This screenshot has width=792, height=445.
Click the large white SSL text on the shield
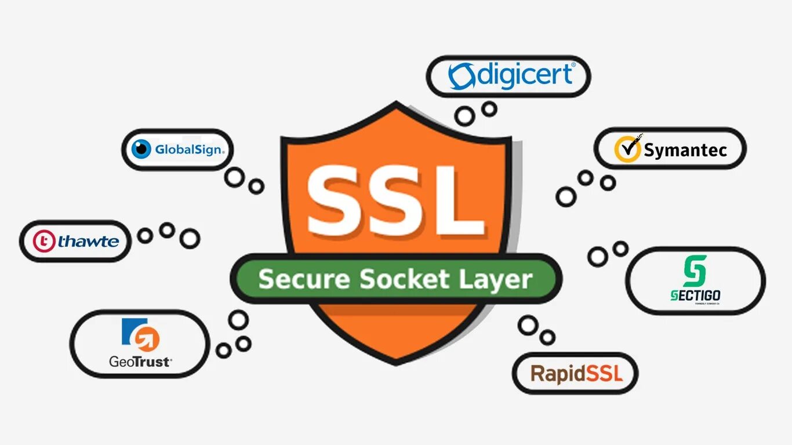(395, 200)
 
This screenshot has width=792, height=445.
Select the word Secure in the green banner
(304, 279)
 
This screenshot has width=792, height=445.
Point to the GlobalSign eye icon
(141, 149)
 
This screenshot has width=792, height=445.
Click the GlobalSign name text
(188, 150)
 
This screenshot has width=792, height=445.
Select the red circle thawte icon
(44, 242)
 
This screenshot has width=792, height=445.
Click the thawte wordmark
(88, 242)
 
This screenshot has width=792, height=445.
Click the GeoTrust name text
(140, 362)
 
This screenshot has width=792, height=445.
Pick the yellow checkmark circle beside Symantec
(627, 149)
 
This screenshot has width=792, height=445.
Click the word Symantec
(685, 151)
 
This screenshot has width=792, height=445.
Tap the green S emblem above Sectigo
(695, 271)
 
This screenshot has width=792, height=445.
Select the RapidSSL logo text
(576, 374)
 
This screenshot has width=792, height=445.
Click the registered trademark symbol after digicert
(573, 66)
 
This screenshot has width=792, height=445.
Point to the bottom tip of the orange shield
(396, 363)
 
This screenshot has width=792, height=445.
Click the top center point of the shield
(397, 104)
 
